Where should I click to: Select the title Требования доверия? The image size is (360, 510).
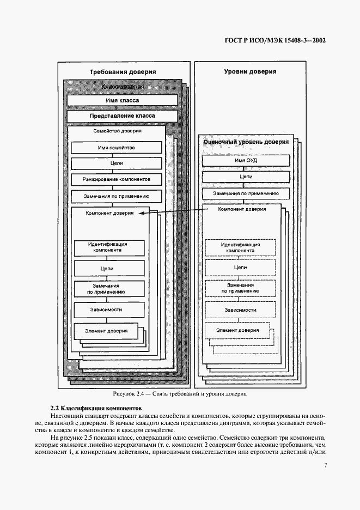point(123,71)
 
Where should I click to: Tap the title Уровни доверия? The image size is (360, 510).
point(250,71)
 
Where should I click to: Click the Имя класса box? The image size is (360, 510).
point(122,101)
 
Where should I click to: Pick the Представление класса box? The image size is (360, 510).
point(122,116)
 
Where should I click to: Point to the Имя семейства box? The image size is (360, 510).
point(116,148)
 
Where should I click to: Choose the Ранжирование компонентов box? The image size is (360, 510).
point(116,179)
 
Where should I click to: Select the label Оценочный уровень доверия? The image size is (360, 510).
point(246,142)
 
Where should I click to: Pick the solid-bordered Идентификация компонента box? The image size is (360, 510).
point(109,247)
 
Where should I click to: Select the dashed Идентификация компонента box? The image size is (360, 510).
point(240,247)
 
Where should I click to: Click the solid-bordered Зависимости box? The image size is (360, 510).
point(109,309)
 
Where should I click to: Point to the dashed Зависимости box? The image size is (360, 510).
point(240,309)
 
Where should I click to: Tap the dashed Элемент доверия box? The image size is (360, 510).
point(237,330)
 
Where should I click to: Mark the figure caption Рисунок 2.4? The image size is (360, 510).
point(180,393)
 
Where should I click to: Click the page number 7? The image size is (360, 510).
point(325,465)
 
